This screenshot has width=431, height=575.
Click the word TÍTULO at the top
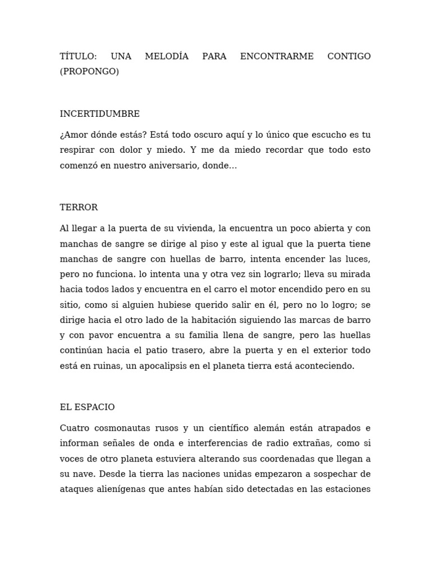pyautogui.click(x=78, y=56)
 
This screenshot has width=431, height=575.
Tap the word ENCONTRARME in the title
pyautogui.click(x=277, y=56)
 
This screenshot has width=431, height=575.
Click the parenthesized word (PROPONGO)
pyautogui.click(x=89, y=71)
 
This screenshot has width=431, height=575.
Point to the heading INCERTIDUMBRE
pyautogui.click(x=100, y=114)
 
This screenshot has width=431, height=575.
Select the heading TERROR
pyautogui.click(x=79, y=208)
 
